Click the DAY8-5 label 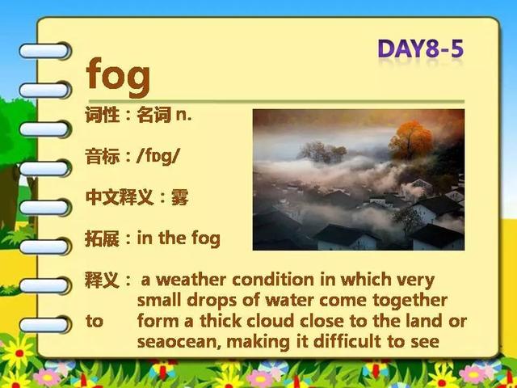(421, 48)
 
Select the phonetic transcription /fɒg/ (158, 156)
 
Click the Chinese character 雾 (179, 198)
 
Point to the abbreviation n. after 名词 (183, 116)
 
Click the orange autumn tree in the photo (411, 139)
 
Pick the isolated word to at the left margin (95, 321)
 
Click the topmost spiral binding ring (45, 51)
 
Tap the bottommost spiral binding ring (45, 325)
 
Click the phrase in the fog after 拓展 (179, 238)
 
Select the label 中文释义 (120, 198)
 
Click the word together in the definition (410, 301)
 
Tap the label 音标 (103, 156)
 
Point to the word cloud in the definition (271, 321)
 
